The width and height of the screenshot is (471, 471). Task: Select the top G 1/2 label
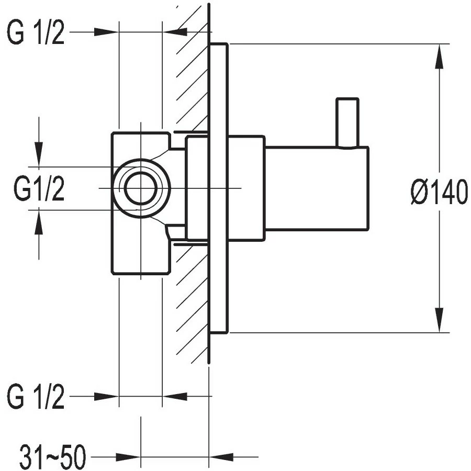click(x=36, y=33)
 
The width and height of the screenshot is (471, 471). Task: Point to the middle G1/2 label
click(x=39, y=189)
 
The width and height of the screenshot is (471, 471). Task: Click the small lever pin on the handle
click(x=347, y=122)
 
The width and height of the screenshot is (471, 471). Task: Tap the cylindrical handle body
click(x=316, y=188)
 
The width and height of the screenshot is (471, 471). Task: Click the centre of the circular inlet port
click(x=140, y=188)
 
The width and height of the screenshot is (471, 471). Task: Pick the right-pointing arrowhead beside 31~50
click(x=129, y=457)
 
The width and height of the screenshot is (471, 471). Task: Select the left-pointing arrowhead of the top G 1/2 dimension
click(x=175, y=32)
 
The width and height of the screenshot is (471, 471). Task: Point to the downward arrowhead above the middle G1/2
click(x=39, y=154)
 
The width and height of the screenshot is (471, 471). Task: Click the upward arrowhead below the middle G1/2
click(x=39, y=222)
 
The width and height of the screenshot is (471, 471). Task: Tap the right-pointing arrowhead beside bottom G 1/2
click(x=107, y=396)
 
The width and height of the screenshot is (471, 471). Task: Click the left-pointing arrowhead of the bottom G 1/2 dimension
click(x=175, y=396)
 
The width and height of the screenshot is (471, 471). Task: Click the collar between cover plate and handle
click(x=246, y=188)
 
